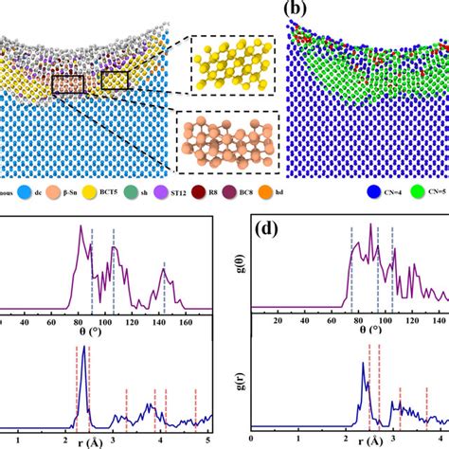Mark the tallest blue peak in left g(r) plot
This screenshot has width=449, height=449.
click(x=85, y=349)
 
